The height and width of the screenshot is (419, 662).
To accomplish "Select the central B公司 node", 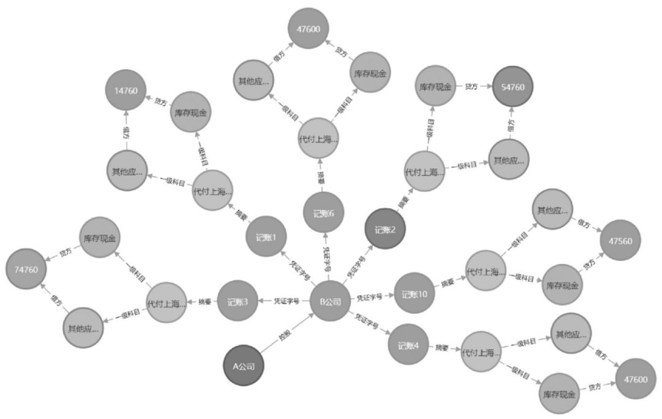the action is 330,301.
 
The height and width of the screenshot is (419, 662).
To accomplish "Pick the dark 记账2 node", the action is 385,230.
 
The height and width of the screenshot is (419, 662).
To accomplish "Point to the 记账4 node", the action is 408,345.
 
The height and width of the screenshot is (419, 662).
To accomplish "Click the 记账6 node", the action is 324,213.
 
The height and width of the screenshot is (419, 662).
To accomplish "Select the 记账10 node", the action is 415,293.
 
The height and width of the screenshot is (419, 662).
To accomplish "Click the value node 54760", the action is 512,87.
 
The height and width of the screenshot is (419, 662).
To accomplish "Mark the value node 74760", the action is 26,269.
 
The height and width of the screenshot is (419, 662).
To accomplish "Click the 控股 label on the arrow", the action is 285,337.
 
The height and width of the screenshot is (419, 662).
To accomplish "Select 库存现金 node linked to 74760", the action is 99,238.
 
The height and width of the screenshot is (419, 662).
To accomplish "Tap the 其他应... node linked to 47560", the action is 552,209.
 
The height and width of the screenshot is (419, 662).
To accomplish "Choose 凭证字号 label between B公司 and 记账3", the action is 287,301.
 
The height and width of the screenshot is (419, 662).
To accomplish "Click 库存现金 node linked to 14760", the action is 191,113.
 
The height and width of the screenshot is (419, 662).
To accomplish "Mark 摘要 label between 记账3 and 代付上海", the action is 202,302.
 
